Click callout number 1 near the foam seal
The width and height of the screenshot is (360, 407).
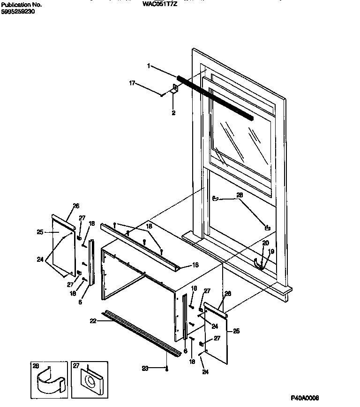[149, 66]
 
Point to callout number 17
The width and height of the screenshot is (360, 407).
[132, 83]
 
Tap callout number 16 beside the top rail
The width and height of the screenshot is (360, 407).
[189, 265]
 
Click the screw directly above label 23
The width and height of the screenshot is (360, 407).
[167, 369]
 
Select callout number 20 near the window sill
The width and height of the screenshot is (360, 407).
[265, 243]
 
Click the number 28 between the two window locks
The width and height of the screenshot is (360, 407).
[240, 195]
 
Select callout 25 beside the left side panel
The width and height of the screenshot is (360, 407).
[40, 231]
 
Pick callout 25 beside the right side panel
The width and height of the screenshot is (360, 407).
[237, 331]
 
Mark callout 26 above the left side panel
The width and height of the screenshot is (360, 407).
[76, 206]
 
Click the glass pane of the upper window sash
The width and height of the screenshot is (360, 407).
[239, 136]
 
